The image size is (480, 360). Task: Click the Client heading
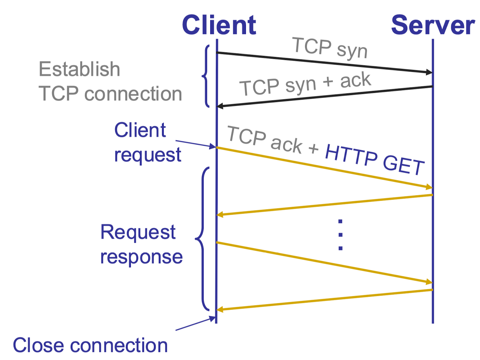219,25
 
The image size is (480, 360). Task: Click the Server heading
433,25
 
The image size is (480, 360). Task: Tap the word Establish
79,69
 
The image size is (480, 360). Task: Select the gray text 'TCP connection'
110,94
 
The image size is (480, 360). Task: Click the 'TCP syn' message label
330,48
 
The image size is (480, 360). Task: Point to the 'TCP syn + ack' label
305,84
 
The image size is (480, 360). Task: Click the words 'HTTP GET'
374,159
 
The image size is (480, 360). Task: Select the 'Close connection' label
90,345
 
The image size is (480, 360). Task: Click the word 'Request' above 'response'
138,232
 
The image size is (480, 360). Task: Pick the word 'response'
141,257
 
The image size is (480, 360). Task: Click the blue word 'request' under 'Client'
148,155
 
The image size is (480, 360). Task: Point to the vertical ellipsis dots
340,235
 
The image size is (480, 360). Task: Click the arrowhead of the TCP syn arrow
429,72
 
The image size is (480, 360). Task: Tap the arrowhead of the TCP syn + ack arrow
220,106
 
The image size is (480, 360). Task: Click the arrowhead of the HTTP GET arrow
429,187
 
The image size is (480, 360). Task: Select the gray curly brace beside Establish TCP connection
206,76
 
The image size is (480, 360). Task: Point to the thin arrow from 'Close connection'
195,324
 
